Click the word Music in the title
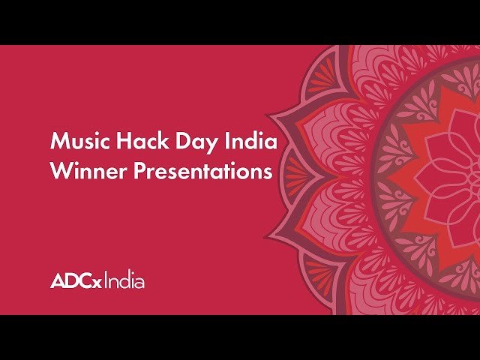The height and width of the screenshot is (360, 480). point(76,141)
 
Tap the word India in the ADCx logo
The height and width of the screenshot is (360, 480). point(124,282)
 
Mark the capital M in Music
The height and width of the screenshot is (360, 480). point(58,141)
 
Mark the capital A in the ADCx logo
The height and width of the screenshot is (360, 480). point(58,282)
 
